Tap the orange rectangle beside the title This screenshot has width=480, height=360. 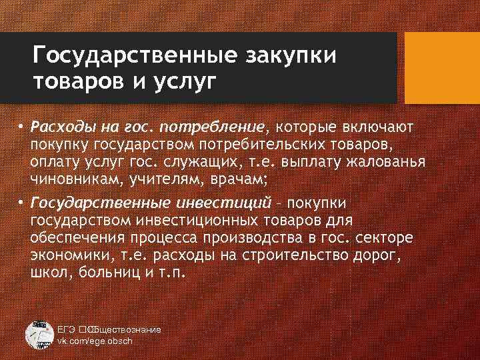443,67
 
